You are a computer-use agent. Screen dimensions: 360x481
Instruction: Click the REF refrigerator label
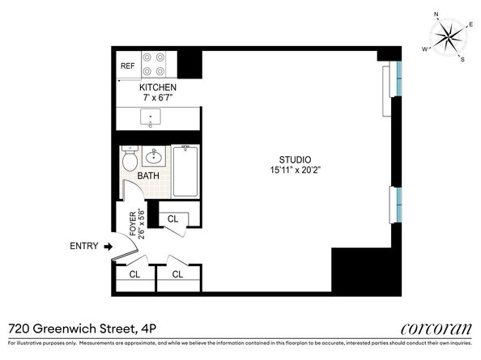(x=127, y=66)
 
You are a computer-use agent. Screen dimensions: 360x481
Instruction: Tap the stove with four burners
(x=154, y=65)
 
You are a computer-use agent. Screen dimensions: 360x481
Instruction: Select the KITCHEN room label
(x=157, y=87)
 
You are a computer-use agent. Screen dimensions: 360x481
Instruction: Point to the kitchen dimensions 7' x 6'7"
(x=157, y=98)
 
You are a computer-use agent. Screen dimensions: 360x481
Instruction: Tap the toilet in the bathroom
(x=129, y=159)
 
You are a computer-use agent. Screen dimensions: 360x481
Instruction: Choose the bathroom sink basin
(x=155, y=157)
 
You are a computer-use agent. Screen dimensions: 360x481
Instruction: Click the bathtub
(x=185, y=170)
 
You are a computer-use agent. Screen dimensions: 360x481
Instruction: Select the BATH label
(x=147, y=176)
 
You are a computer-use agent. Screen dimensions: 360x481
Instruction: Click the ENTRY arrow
(x=109, y=246)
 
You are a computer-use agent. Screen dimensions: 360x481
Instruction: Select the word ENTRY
(x=84, y=246)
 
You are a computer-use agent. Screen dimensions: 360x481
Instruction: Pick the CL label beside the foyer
(x=172, y=219)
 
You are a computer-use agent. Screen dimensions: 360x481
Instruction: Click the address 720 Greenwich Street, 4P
(x=70, y=328)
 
